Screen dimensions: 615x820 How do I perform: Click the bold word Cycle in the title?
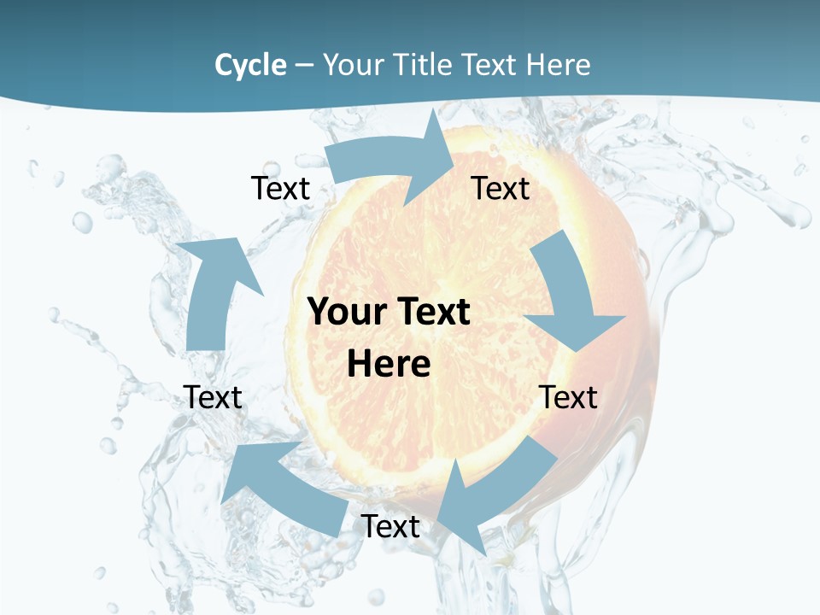click(x=250, y=65)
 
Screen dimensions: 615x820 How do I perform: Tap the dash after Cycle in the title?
click(x=304, y=66)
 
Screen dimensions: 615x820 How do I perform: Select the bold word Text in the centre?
click(x=431, y=312)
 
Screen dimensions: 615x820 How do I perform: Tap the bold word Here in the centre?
click(x=389, y=364)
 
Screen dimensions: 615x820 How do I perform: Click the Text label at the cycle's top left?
click(x=280, y=188)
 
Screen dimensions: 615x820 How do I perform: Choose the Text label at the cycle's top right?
click(x=501, y=188)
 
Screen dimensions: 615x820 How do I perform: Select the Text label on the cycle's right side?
click(x=568, y=397)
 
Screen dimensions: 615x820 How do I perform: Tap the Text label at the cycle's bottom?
click(x=390, y=526)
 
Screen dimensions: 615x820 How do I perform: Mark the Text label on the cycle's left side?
click(x=213, y=397)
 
